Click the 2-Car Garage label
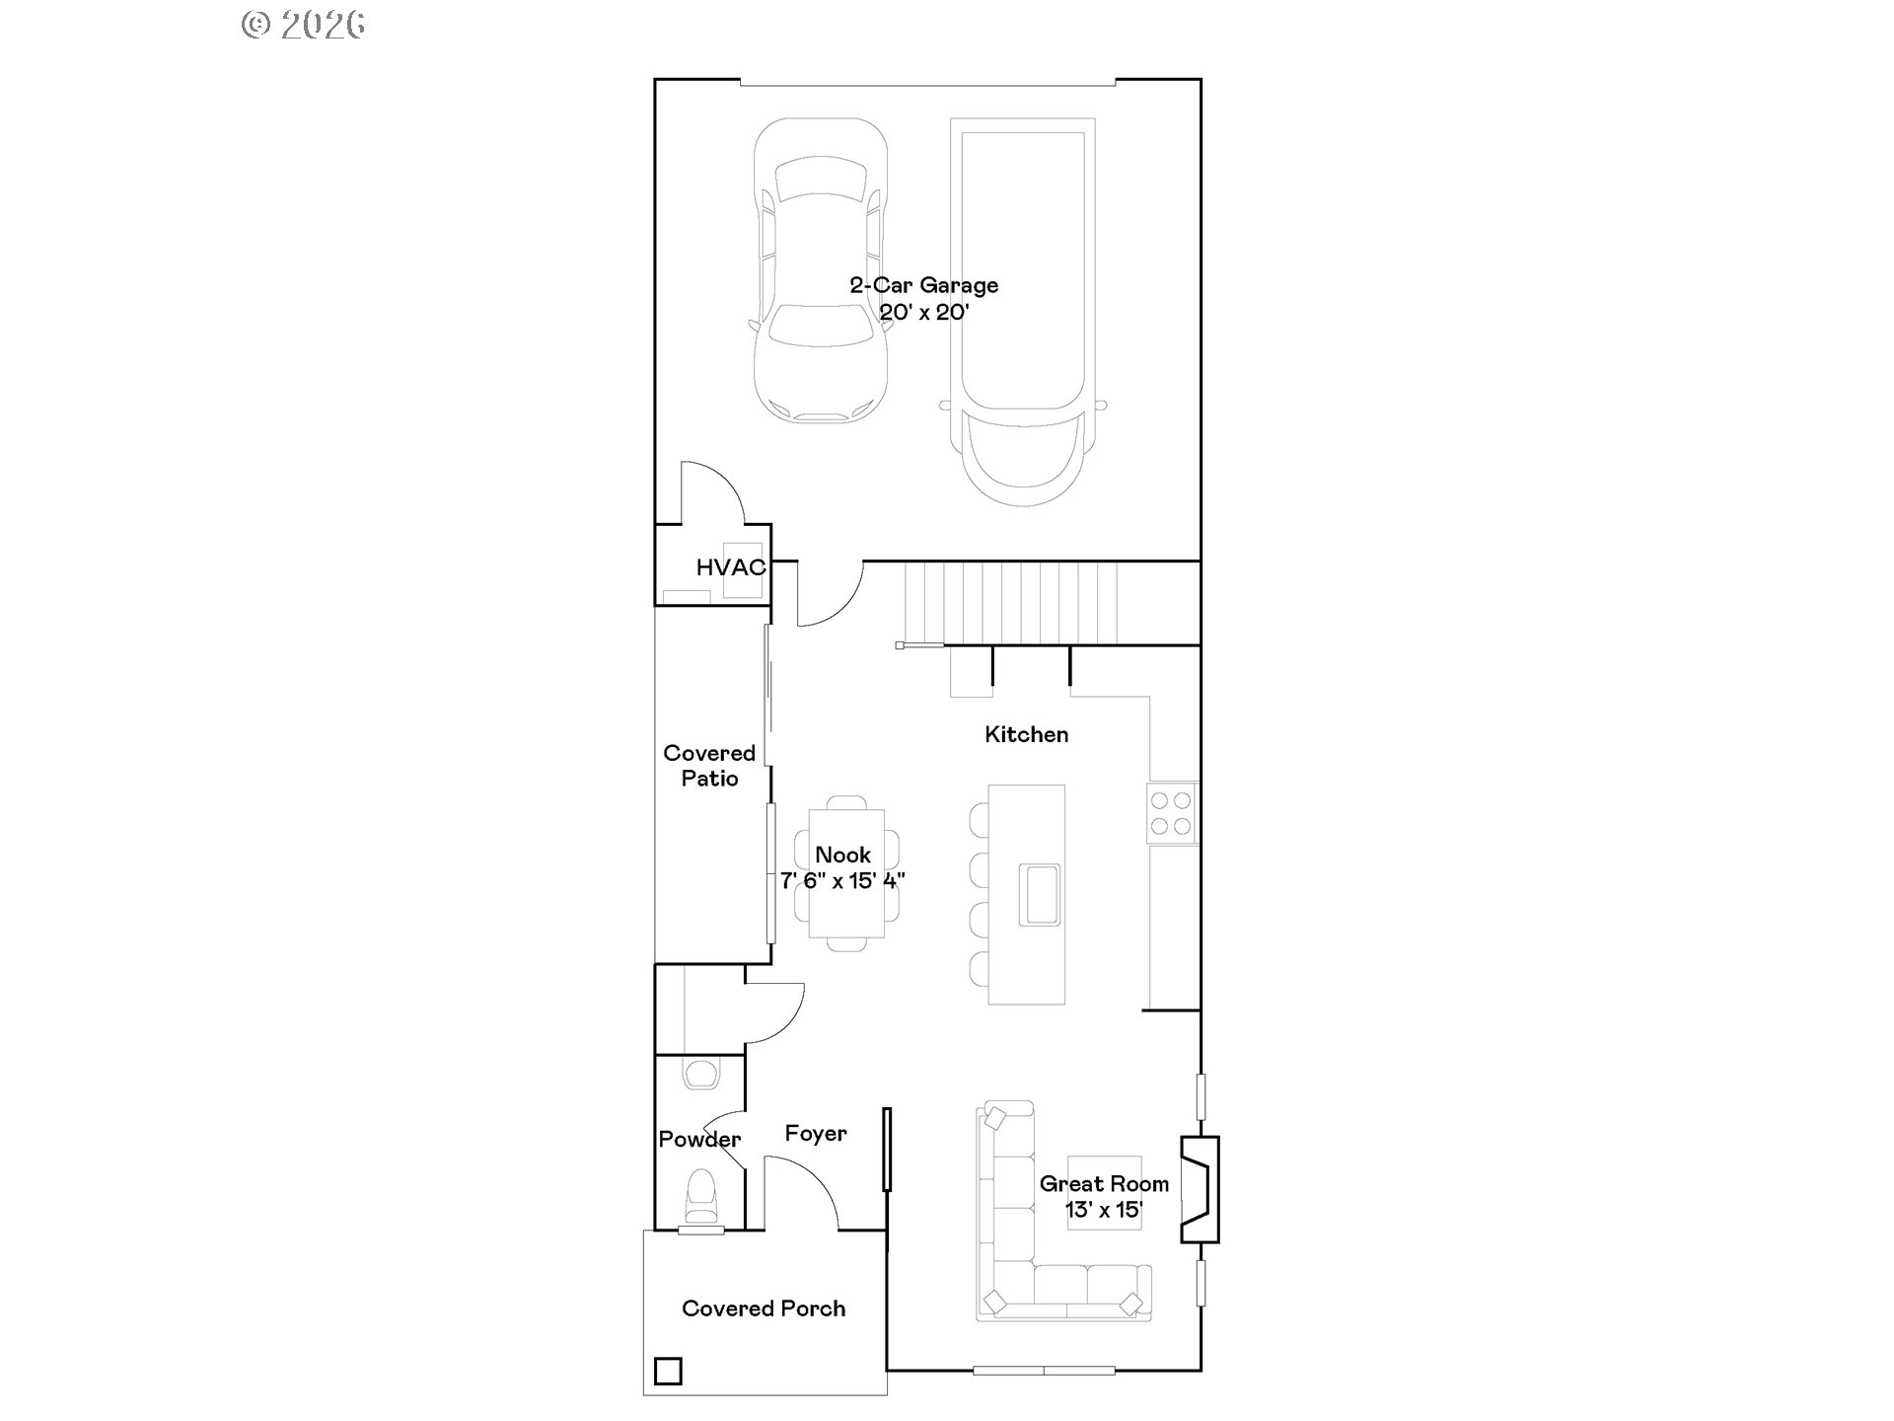click(923, 285)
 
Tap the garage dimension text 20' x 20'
click(924, 313)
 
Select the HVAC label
click(730, 567)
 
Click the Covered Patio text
click(709, 766)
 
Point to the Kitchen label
click(1026, 734)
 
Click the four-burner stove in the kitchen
click(1171, 813)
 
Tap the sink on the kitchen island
click(1039, 894)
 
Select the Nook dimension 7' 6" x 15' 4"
click(842, 881)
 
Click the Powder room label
click(699, 1140)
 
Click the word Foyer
click(816, 1134)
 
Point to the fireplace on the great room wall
click(1201, 1189)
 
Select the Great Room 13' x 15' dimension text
click(1103, 1210)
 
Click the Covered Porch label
click(764, 1309)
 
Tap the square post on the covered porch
click(668, 1372)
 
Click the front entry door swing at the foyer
click(801, 1194)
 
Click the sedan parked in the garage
click(820, 271)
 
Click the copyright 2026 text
click(304, 24)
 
